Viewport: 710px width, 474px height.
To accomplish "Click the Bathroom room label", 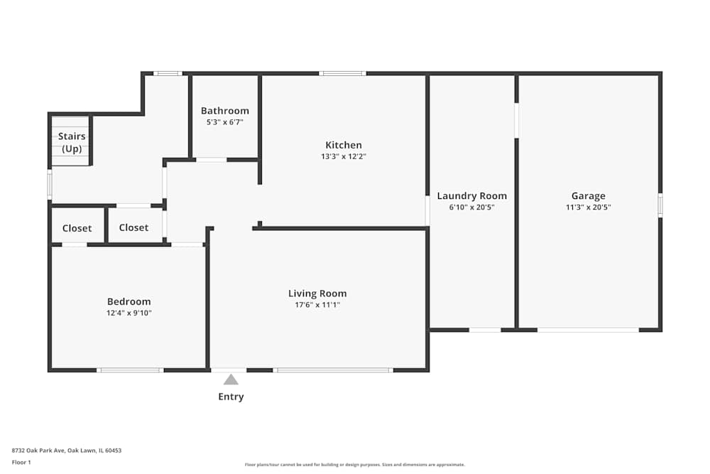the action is click(225, 111).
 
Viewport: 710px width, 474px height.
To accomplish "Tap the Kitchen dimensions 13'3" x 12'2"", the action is click(344, 156).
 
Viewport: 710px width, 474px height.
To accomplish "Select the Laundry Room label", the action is click(472, 195).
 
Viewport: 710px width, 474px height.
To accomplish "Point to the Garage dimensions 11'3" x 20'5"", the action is click(588, 207).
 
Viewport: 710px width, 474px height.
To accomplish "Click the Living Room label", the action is click(317, 293).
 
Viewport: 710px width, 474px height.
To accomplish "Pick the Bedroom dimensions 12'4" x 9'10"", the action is click(129, 313).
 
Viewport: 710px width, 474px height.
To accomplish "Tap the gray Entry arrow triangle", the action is click(231, 379).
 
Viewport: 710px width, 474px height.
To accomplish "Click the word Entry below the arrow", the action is click(231, 397).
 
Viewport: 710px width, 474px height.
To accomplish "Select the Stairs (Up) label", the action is click(72, 142).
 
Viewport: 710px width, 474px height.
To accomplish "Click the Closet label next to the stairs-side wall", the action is click(77, 228).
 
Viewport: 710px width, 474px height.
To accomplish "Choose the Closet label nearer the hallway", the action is click(133, 227).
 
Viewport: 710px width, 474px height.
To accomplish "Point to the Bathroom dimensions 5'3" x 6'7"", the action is click(225, 122).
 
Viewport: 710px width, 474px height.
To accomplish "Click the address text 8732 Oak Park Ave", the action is click(38, 451).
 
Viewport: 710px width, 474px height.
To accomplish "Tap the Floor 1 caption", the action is click(21, 462).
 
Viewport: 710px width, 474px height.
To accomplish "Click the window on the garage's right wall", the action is click(660, 205).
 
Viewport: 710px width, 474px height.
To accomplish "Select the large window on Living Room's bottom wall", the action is click(333, 370).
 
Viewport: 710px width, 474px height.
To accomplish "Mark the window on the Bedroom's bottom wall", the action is click(130, 370).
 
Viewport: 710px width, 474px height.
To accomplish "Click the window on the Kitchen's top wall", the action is click(343, 73).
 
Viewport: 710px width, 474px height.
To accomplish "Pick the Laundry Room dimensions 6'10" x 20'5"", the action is click(472, 207).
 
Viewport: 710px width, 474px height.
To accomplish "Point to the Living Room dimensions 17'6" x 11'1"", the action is click(317, 305).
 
